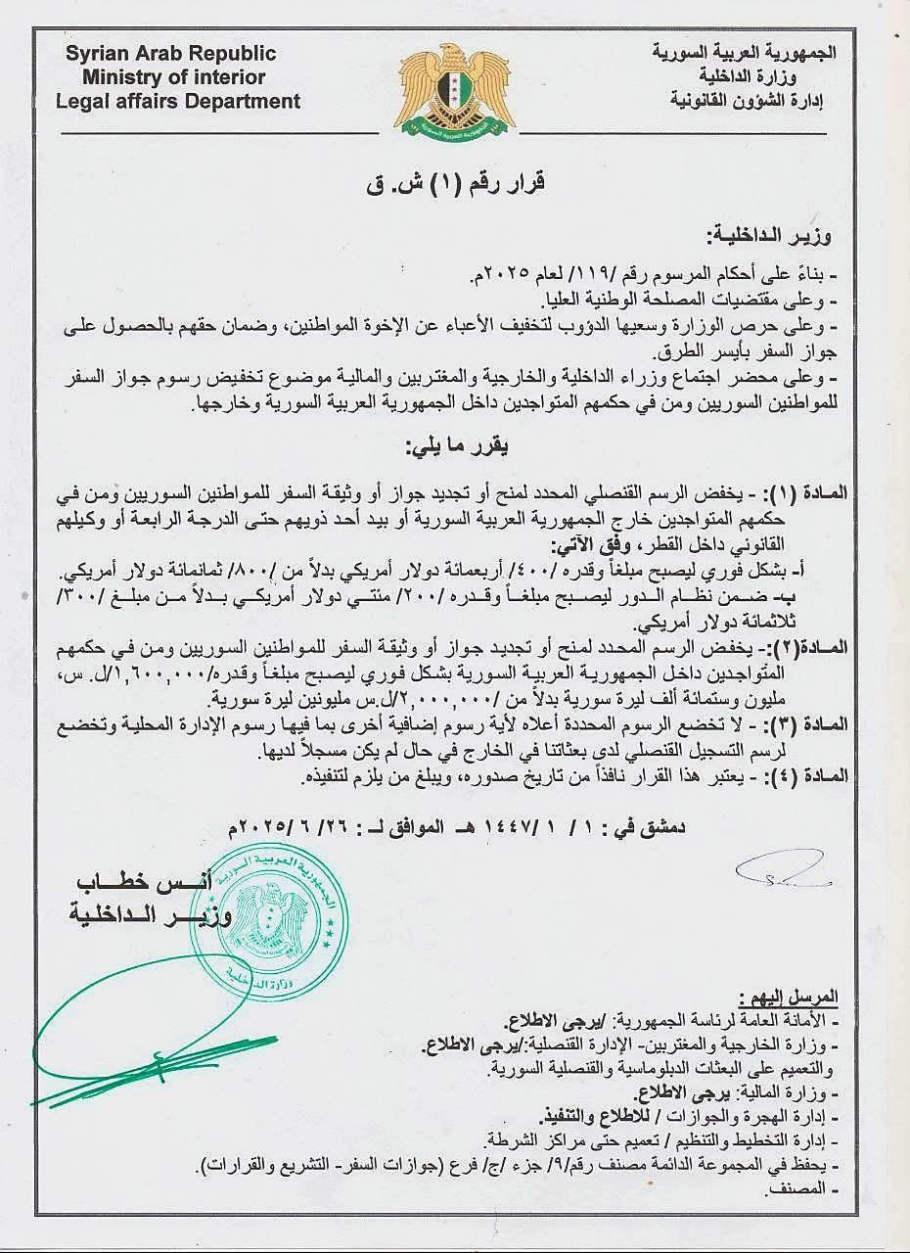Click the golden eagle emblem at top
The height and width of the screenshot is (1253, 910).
pyautogui.click(x=454, y=90)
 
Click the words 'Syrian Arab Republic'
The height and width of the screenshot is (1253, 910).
pyautogui.click(x=171, y=54)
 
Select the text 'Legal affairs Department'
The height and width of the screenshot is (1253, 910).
pyautogui.click(x=178, y=100)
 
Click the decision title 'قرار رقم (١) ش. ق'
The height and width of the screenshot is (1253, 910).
pyautogui.click(x=454, y=182)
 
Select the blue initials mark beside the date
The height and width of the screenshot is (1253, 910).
pyautogui.click(x=783, y=869)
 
